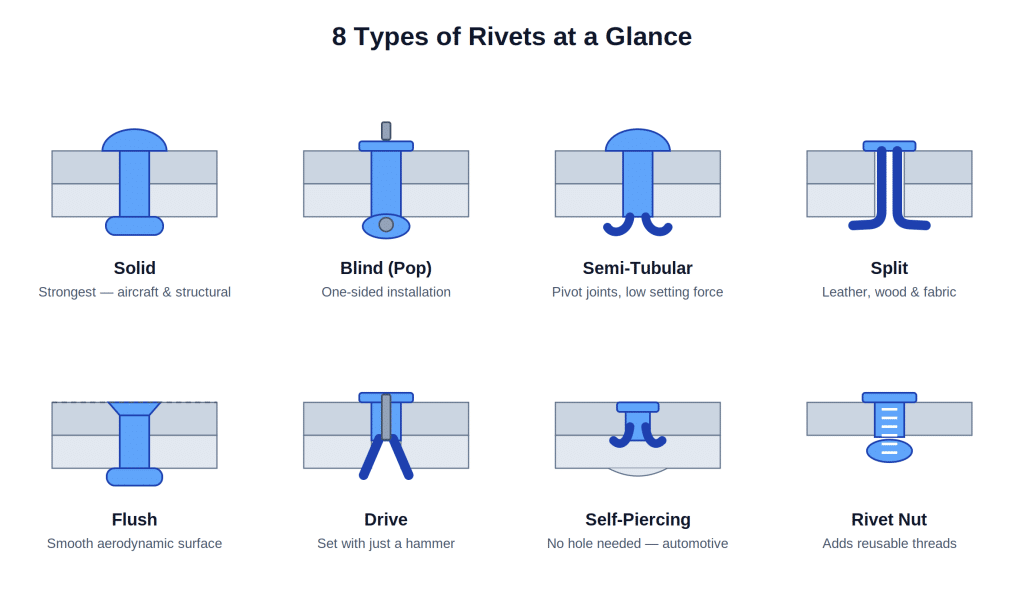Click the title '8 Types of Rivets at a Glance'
[x=511, y=37]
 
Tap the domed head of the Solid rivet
[x=135, y=141]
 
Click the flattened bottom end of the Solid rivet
[x=135, y=226]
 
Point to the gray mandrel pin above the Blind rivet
[x=386, y=131]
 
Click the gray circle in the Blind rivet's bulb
[x=386, y=225]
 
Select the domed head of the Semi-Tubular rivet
[x=637, y=141]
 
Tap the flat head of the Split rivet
[x=889, y=146]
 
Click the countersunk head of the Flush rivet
[x=135, y=409]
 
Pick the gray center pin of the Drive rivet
[x=386, y=417]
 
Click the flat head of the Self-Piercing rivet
[x=637, y=407]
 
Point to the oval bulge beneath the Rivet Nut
[x=889, y=451]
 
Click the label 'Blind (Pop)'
[x=386, y=268]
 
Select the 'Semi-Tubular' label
[x=637, y=268]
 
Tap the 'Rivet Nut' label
[x=889, y=519]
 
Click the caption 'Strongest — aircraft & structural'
[x=135, y=292]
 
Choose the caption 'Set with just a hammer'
[x=386, y=544]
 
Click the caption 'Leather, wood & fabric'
[x=889, y=292]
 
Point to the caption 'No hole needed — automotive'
[x=637, y=544]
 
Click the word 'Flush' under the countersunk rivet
[x=135, y=519]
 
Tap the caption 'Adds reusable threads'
[x=889, y=544]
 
